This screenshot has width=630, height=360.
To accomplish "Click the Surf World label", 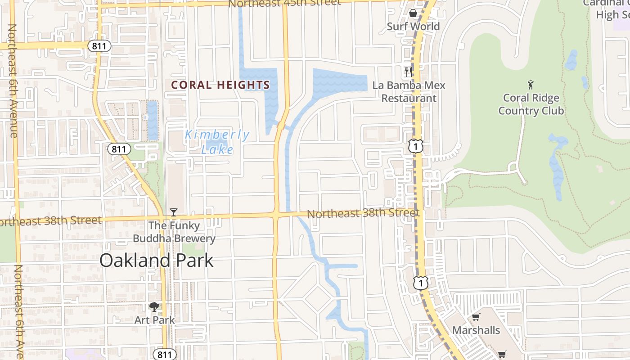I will tap(413, 27).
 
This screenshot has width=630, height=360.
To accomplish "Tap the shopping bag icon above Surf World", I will tap(413, 13).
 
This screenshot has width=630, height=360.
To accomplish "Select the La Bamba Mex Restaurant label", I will tap(409, 92).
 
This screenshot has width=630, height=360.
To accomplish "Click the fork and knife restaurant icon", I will tap(408, 72).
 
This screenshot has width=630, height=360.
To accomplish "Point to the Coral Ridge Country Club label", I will tap(531, 104).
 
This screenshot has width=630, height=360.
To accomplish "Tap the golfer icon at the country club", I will tap(531, 84).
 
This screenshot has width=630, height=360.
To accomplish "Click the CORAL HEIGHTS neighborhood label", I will tap(220, 85).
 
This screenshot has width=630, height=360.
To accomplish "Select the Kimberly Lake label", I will tap(217, 142).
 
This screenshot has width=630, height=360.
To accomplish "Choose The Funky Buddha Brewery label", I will tap(174, 232).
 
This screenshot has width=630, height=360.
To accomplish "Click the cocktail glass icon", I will tap(174, 212).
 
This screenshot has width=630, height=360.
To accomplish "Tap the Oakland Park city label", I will tap(156, 261).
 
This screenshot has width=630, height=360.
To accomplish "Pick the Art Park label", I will tap(154, 320).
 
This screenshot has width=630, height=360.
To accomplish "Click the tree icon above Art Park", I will tap(154, 307).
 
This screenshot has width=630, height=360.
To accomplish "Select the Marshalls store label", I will tap(476, 330).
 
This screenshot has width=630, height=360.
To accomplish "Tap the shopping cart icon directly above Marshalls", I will tap(476, 317).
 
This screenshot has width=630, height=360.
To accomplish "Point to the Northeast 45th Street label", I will tap(284, 3).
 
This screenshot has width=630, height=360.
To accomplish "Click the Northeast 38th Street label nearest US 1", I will tap(363, 213).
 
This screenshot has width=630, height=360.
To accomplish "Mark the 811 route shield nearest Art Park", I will tap(164, 354).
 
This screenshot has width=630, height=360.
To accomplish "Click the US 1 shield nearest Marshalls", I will tap(420, 283).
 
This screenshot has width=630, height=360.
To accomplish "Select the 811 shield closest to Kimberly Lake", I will tap(119, 149).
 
